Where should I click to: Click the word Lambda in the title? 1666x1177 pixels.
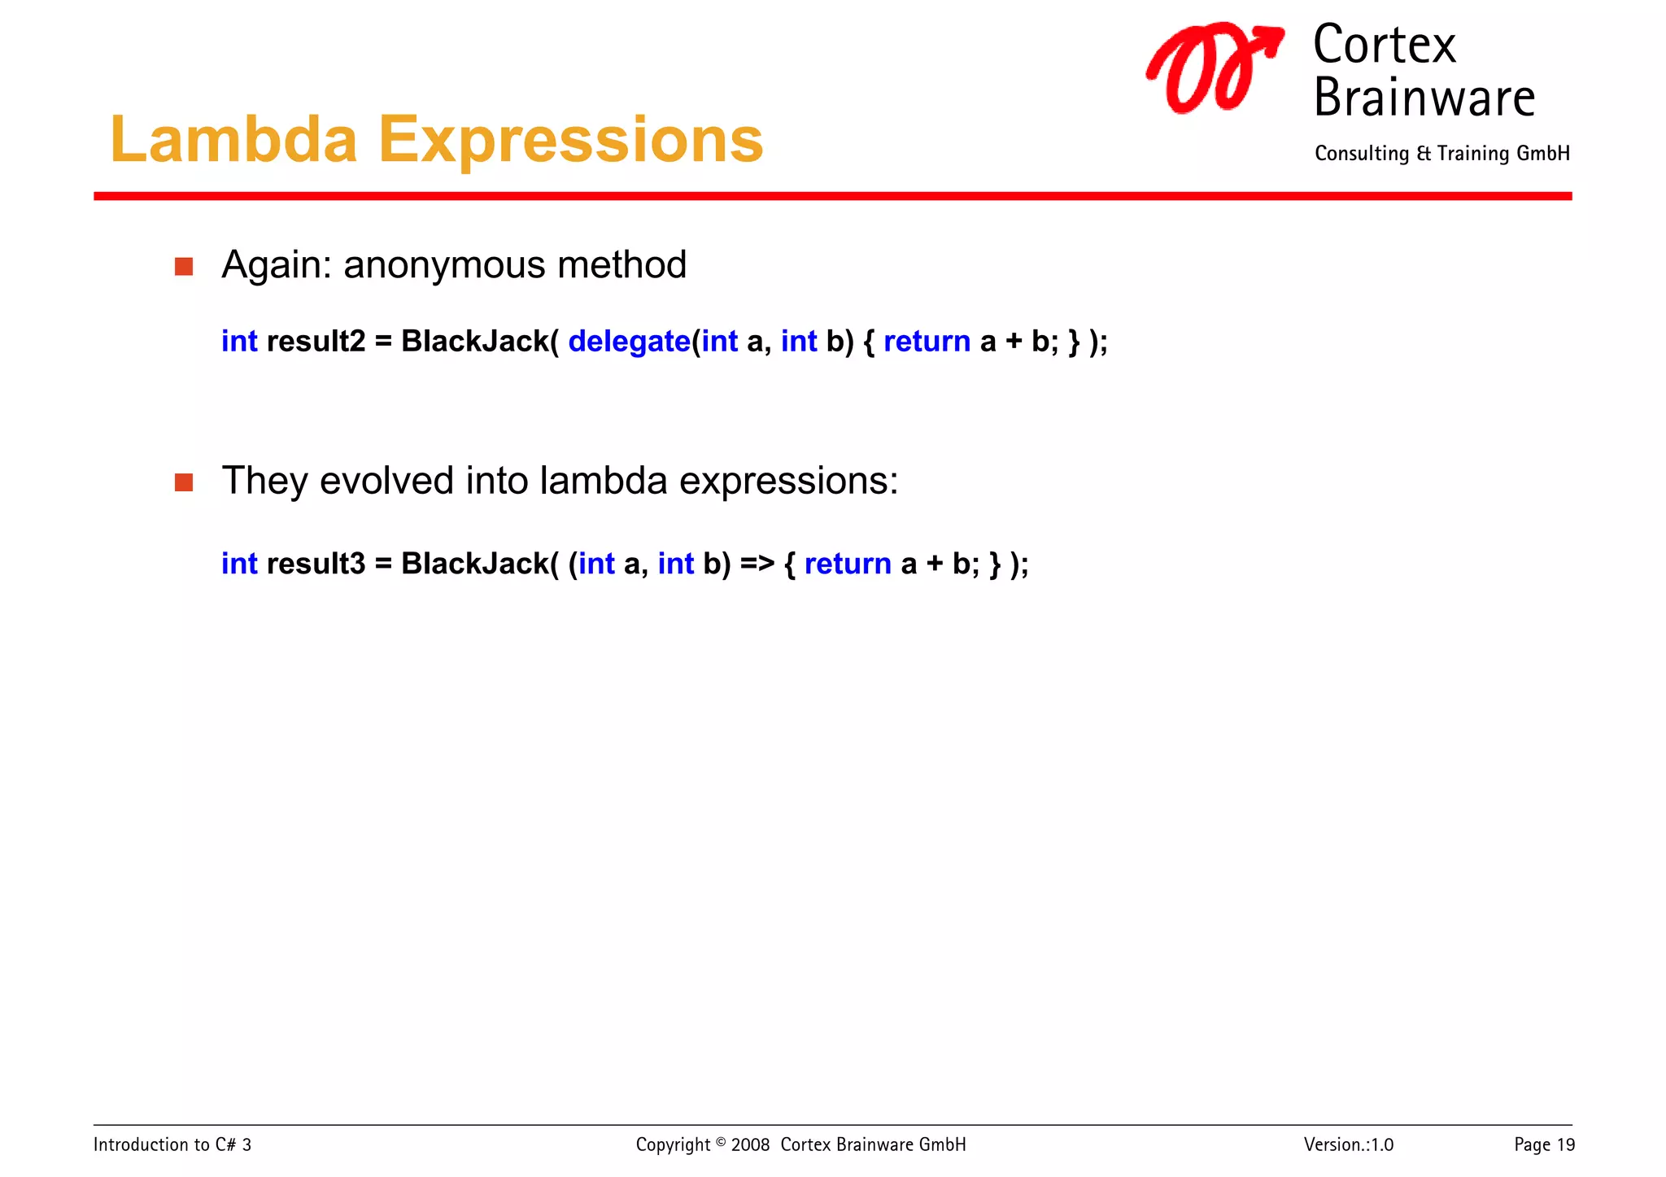233,140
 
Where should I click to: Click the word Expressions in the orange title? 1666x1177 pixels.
570,140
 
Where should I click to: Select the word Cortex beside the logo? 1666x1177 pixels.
1384,46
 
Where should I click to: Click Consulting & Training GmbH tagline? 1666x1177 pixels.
1441,154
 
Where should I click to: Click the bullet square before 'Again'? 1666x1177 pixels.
184,267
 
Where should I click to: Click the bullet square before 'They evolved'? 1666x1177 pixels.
184,482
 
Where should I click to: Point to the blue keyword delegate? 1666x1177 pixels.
629,342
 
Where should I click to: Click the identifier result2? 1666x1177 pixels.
316,342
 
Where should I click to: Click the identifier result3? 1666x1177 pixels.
316,564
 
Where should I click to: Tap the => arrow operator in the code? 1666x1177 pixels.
757,564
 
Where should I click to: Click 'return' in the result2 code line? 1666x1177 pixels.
927,342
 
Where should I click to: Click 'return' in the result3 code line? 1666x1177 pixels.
848,564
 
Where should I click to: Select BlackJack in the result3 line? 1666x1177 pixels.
475,564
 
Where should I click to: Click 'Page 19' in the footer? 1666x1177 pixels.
1544,1145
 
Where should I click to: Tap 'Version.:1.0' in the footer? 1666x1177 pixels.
1348,1145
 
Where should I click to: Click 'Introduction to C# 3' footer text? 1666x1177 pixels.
172,1145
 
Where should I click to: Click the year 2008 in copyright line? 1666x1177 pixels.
750,1145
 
